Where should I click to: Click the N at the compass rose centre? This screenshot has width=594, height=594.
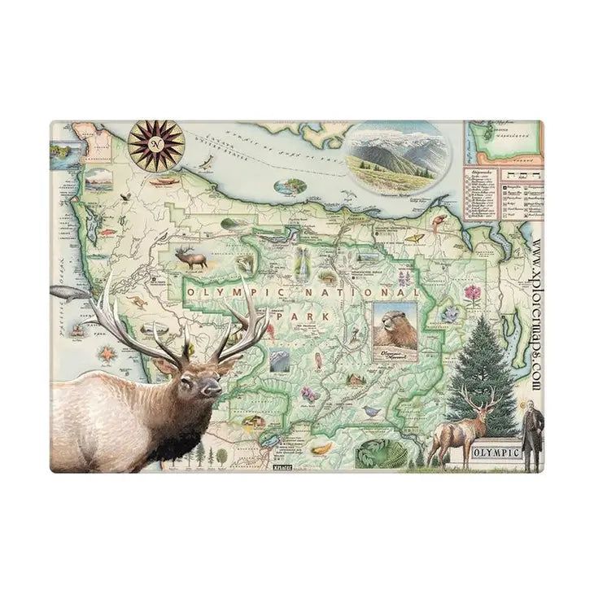tap(155, 143)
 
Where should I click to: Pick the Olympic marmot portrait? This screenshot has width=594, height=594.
tap(395, 328)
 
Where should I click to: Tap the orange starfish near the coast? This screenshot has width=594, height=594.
tap(107, 354)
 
